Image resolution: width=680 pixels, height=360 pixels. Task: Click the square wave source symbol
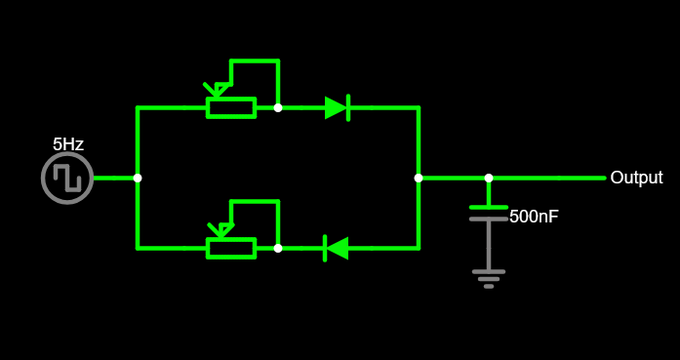coord(67,179)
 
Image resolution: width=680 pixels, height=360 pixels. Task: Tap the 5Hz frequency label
coord(68,144)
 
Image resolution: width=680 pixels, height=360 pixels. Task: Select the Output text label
coord(636,178)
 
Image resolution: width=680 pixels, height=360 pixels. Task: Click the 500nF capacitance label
coord(534,217)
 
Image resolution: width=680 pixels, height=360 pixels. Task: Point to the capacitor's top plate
coord(489,207)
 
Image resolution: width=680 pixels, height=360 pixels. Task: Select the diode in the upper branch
coord(337,107)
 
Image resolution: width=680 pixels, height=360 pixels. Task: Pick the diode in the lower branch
coord(337,248)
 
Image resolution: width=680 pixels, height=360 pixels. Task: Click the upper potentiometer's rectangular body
coord(231,107)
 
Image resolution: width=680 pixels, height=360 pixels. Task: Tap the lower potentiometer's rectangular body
coord(231,248)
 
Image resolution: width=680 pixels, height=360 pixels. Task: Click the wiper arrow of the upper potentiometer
coord(215,91)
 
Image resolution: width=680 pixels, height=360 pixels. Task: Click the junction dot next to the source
coord(138,178)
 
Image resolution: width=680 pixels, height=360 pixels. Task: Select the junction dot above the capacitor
coord(489,178)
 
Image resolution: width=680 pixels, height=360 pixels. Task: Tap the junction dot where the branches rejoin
coord(419,178)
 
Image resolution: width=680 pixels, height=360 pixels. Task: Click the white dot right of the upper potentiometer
coord(278,107)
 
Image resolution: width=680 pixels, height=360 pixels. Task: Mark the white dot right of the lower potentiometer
coord(278,248)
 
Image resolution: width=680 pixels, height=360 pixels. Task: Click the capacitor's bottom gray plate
coord(489,220)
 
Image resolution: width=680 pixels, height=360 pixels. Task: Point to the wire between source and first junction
coord(115,178)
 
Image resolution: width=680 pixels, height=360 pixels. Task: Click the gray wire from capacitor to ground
coord(489,246)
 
